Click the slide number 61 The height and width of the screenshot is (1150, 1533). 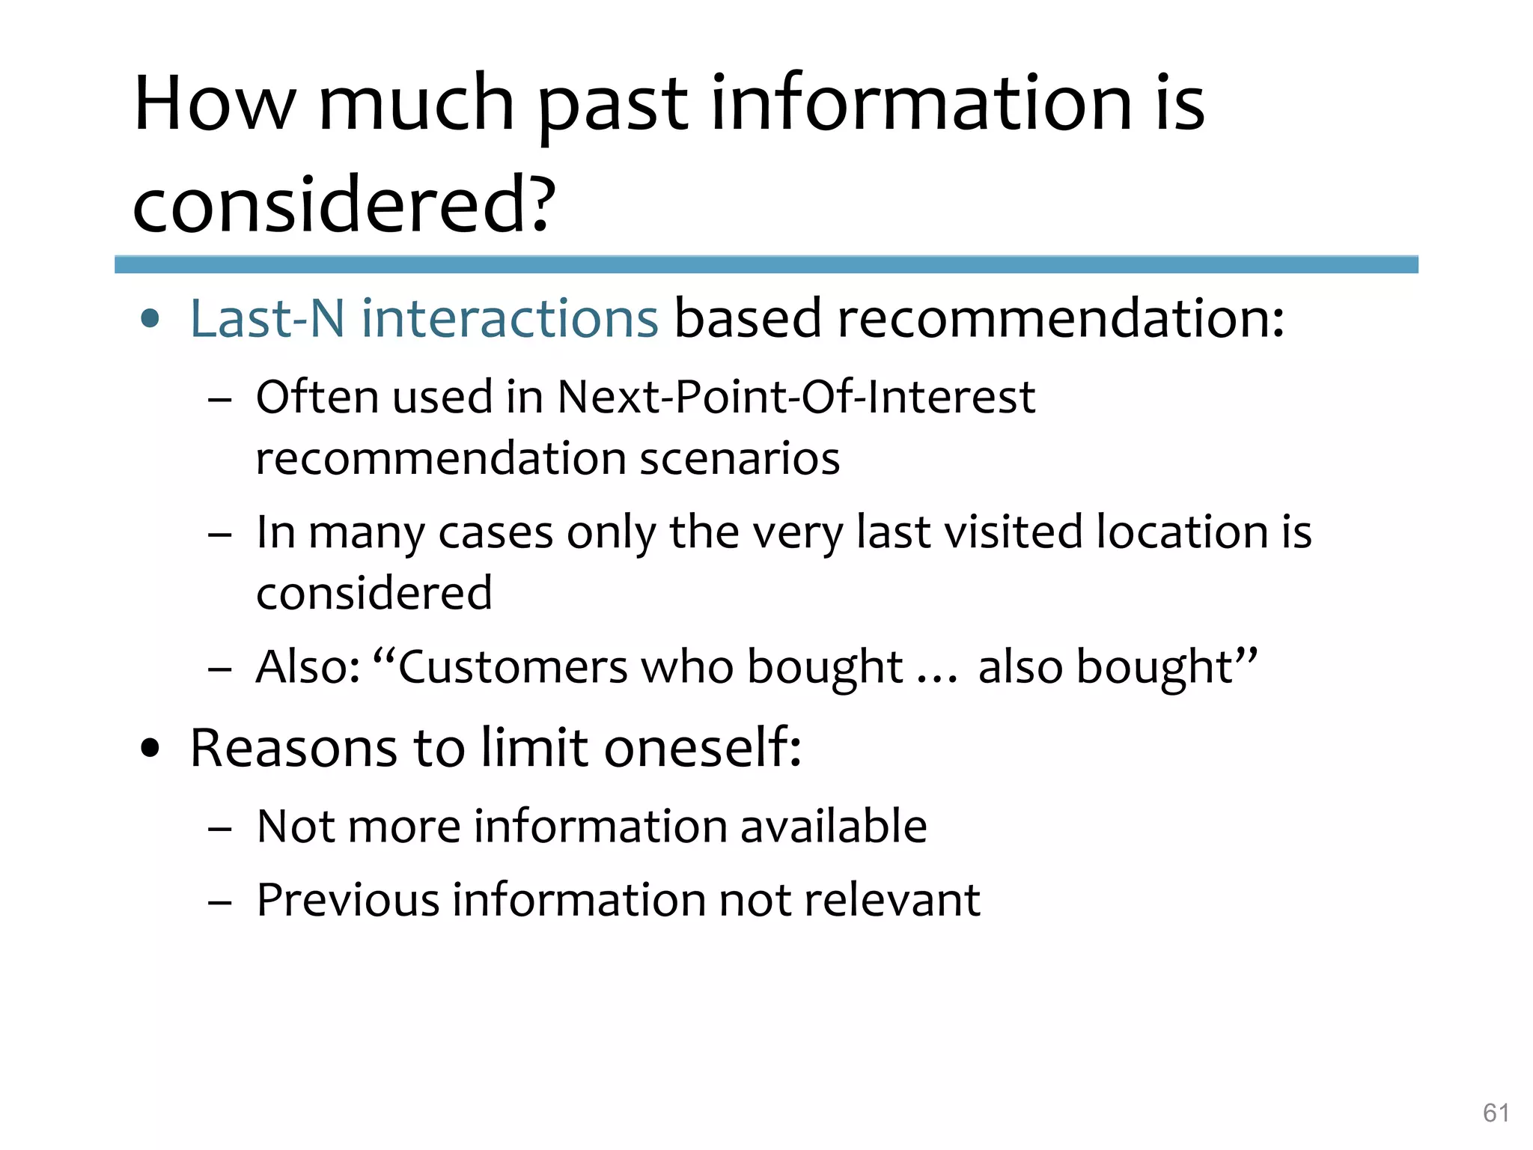(1496, 1113)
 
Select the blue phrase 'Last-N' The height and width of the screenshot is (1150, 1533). (267, 319)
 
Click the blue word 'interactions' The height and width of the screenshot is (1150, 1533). (510, 319)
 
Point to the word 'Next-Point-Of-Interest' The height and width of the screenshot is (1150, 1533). (796, 397)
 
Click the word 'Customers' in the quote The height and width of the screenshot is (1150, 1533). (513, 666)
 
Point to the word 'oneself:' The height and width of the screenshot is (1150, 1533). (703, 748)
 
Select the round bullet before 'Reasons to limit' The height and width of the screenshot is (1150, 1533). (150, 749)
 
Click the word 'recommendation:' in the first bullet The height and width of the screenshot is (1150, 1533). (1061, 319)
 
